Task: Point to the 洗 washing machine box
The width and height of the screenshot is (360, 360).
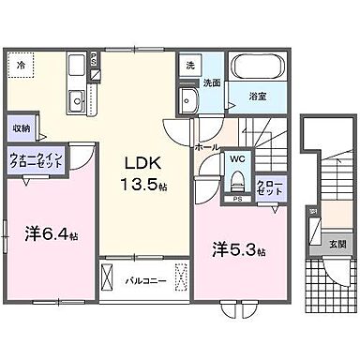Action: [x=190, y=67]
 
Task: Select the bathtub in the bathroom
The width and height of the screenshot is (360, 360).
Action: [x=258, y=68]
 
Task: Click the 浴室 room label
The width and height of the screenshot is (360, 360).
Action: [x=257, y=95]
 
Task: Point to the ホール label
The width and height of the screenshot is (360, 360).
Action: [x=206, y=147]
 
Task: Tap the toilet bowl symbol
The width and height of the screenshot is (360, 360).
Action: [x=236, y=181]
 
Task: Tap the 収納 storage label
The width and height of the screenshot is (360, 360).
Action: [x=22, y=127]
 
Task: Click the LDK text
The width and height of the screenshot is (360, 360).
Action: [x=143, y=160]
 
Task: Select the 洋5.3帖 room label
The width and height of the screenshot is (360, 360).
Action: [x=238, y=250]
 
